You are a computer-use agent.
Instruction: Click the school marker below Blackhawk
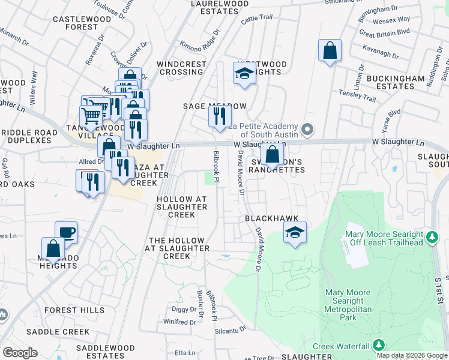295,233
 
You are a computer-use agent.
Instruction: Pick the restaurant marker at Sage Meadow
220,115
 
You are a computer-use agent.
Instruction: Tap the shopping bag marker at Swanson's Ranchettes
273,155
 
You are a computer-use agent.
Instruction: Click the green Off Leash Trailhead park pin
431,238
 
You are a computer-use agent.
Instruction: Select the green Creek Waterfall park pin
379,346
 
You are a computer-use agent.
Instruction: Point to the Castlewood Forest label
74,23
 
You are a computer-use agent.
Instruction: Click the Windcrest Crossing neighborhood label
180,68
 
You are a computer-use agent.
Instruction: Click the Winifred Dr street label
179,322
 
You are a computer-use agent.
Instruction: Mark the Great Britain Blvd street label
384,31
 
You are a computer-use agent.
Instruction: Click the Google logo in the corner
20,353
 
